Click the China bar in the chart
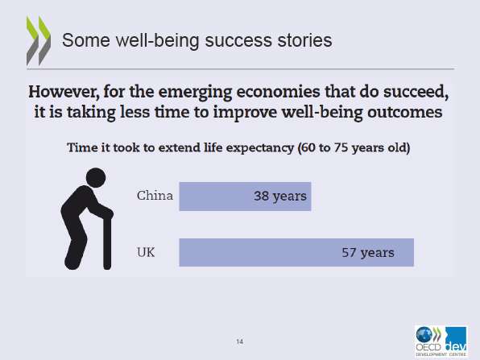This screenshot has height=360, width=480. [245, 197]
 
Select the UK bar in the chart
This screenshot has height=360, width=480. [296, 253]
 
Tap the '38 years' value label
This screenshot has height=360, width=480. [280, 197]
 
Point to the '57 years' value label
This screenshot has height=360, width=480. [368, 253]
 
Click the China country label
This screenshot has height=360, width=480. [155, 196]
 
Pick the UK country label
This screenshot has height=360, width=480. [146, 253]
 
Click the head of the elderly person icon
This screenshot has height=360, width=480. [96, 177]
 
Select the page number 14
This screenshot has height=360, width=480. [240, 341]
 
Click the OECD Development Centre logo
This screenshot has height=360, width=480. [441, 341]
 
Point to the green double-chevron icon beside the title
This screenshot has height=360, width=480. [39, 41]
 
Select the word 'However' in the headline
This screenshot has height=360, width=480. [64, 92]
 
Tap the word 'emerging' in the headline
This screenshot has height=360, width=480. [196, 93]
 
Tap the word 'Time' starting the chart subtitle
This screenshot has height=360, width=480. [80, 147]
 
